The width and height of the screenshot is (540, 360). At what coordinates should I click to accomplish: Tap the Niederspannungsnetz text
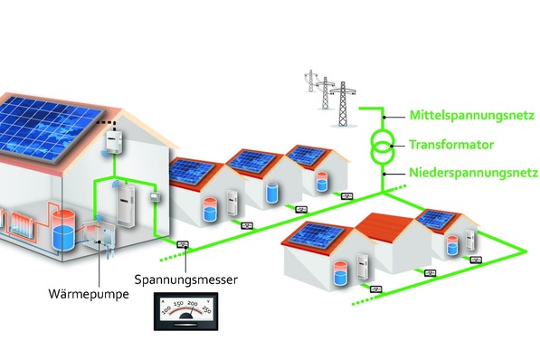[462, 171]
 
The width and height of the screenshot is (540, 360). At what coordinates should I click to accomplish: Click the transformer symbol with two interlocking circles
[382, 145]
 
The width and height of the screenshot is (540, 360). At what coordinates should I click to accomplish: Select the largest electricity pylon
[341, 99]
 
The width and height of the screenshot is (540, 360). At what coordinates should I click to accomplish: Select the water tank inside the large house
[63, 227]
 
